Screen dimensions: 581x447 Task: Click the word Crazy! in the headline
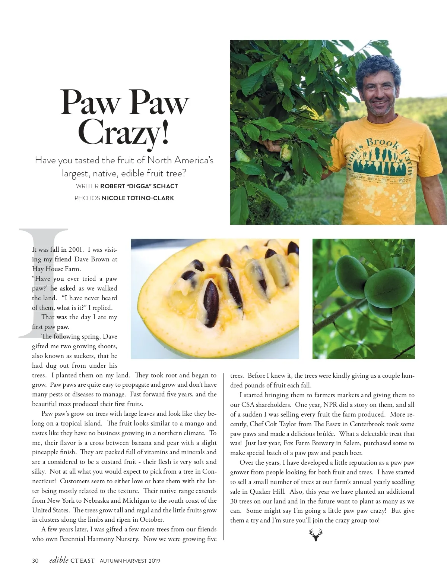point(124,132)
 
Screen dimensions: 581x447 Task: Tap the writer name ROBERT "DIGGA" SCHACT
point(139,186)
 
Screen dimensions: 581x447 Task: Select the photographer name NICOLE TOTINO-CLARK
point(138,198)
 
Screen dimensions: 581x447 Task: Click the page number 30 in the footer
point(35,560)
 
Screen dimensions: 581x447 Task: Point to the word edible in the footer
point(59,560)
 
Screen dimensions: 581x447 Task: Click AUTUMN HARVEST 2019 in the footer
point(130,561)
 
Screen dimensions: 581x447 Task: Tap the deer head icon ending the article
point(316,535)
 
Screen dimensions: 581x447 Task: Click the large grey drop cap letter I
point(43,283)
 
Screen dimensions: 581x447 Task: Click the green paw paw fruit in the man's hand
point(286,153)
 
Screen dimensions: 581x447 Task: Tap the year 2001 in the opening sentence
point(76,249)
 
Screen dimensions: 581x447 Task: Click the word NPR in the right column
point(330,405)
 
